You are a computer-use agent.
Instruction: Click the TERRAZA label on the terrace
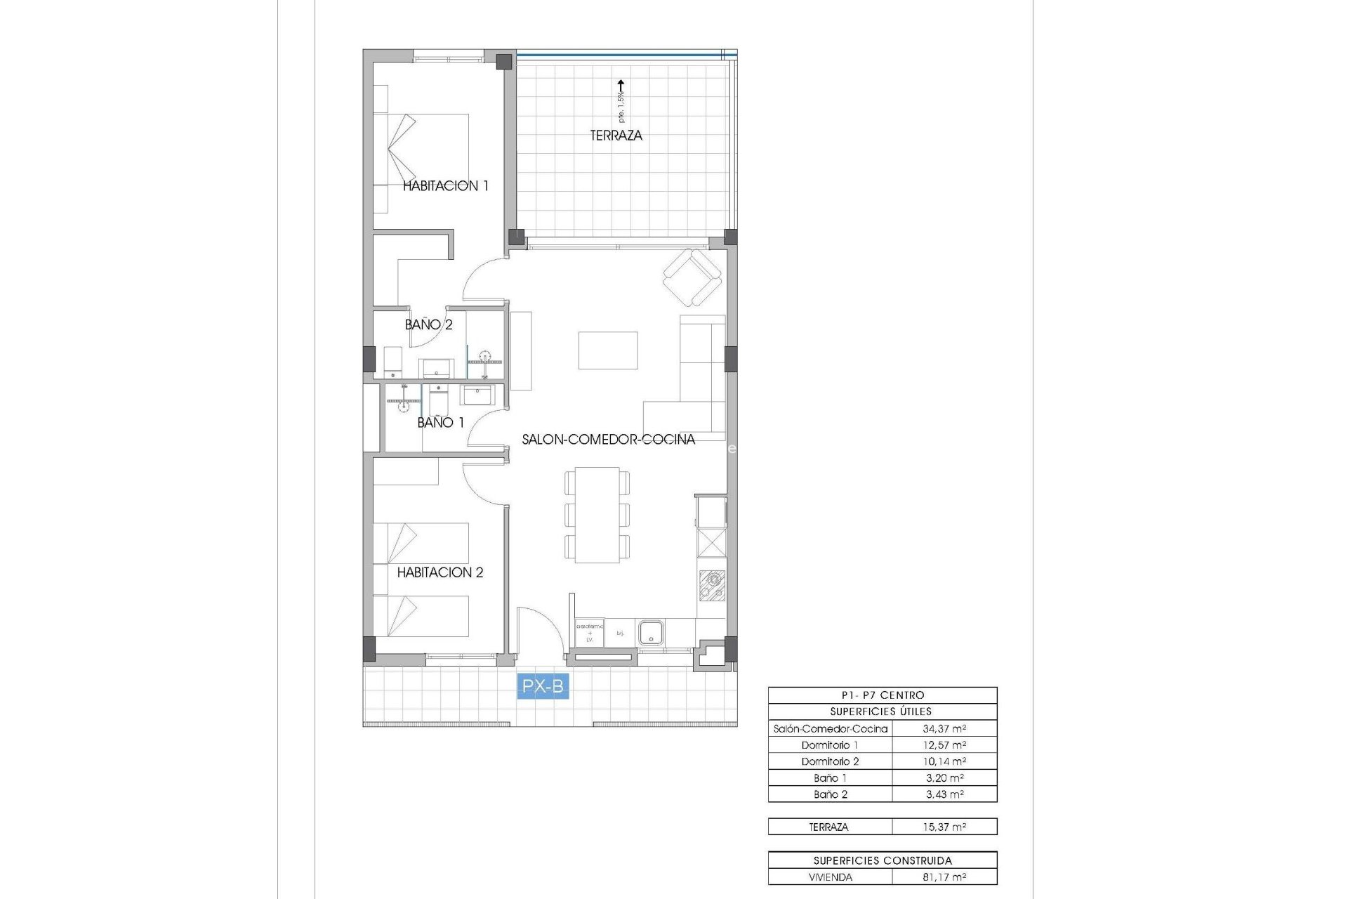[x=616, y=136]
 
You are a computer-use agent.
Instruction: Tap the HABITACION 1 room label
[x=445, y=186]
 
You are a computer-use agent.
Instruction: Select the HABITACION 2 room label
[x=440, y=572]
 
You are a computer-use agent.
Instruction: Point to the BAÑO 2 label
[x=428, y=324]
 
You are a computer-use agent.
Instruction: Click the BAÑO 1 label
[x=440, y=423]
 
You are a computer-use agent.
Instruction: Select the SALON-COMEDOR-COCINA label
[x=608, y=440]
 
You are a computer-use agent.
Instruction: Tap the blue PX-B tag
[x=543, y=686]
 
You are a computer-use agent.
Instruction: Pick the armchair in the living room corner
[x=692, y=278]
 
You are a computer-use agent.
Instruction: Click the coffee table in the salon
[x=608, y=350]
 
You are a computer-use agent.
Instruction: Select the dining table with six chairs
[x=597, y=515]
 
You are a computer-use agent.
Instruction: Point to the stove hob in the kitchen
[x=712, y=586]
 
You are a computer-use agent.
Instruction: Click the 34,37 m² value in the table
[x=944, y=729]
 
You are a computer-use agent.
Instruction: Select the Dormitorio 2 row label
[x=830, y=761]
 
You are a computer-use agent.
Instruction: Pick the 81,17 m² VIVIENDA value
[x=944, y=877]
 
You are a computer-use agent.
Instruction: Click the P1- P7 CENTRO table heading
[x=883, y=695]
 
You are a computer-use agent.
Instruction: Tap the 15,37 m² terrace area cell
[x=944, y=827]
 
